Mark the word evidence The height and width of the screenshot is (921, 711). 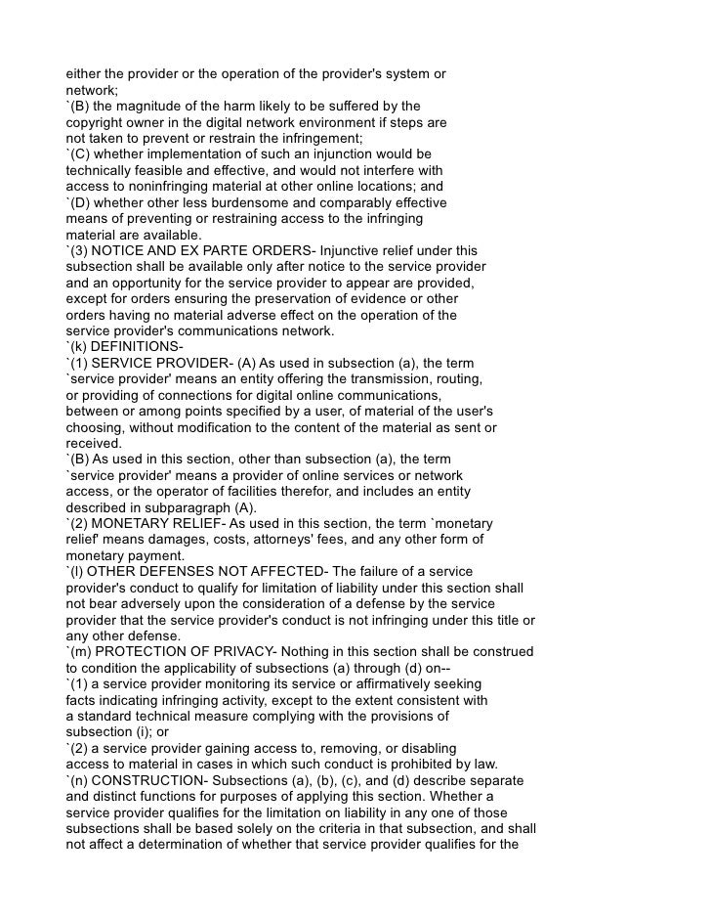tap(385, 299)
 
